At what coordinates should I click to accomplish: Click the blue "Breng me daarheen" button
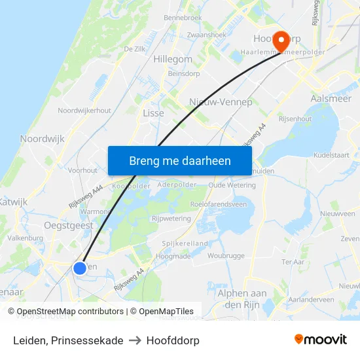[x=179, y=160]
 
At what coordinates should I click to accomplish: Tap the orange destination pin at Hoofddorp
[x=281, y=41]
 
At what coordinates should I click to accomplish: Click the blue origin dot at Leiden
[x=79, y=268]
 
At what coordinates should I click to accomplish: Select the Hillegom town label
[x=172, y=59]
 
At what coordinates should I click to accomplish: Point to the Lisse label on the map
[x=153, y=113]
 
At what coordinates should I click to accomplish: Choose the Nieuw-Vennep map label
[x=220, y=102]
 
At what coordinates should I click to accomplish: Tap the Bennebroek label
[x=183, y=18]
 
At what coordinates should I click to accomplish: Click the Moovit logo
[x=321, y=340]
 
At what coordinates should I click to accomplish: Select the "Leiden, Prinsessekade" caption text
[x=68, y=340]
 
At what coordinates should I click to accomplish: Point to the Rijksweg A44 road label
[x=86, y=196]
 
